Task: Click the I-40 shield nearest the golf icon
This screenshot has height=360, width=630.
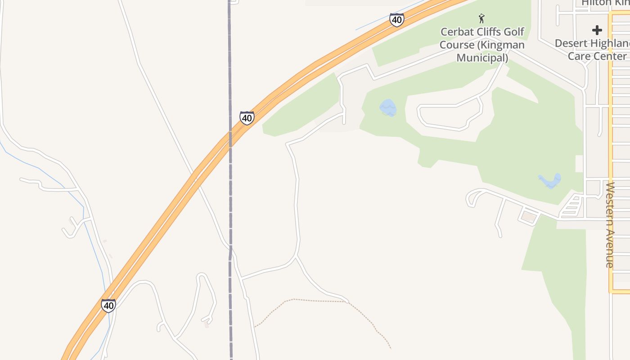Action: [396, 20]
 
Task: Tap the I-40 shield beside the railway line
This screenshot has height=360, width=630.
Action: [247, 118]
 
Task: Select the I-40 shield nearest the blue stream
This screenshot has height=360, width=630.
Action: [108, 306]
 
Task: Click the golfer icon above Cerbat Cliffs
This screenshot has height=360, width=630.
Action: [482, 18]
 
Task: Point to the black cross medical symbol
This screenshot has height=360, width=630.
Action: [597, 30]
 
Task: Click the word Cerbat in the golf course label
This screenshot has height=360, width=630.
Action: [456, 32]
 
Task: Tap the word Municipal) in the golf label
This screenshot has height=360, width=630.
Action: [482, 58]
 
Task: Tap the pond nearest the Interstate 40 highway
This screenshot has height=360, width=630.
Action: [388, 108]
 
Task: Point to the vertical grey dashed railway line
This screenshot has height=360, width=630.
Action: [230, 202]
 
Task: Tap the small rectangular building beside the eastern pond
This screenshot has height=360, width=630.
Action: [529, 217]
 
